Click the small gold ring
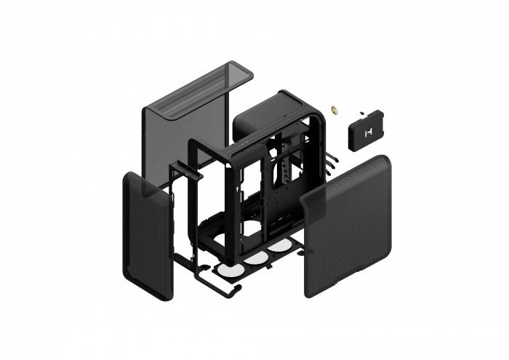click(x=336, y=111)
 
